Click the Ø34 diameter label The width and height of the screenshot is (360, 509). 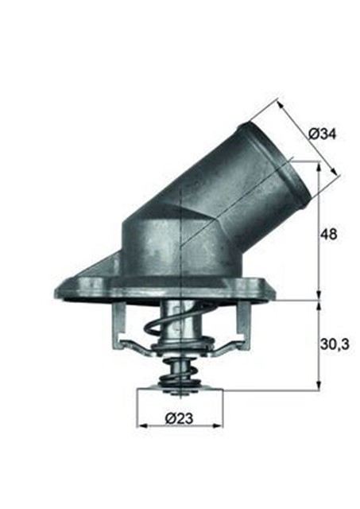click(323, 134)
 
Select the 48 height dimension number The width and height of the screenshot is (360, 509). click(329, 235)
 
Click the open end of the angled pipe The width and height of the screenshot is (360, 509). click(277, 162)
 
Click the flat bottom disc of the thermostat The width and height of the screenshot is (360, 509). click(180, 389)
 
